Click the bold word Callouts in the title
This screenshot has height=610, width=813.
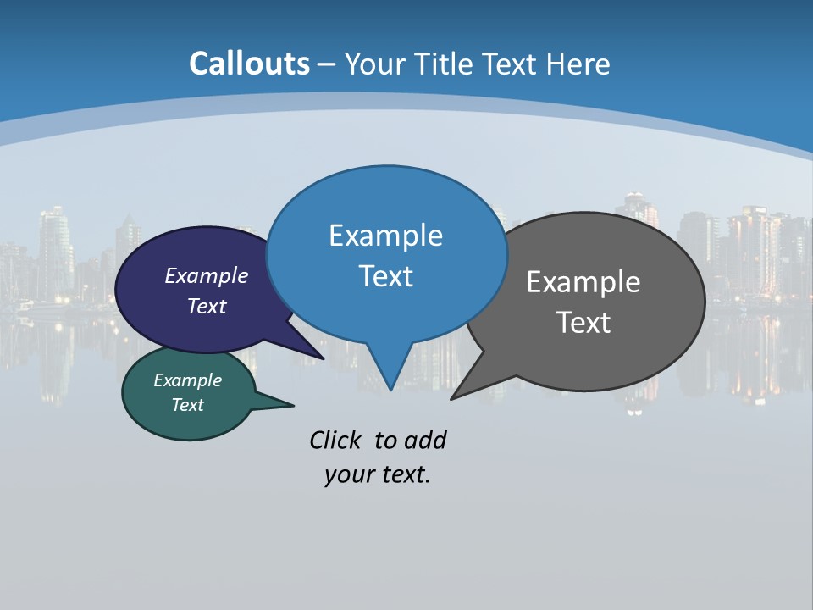249,64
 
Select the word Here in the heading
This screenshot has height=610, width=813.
578,64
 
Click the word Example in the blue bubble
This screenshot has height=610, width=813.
385,235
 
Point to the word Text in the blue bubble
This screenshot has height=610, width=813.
385,275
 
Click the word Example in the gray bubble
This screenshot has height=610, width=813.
583,282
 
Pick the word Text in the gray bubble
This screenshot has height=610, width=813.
583,322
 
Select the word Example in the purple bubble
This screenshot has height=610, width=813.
207,275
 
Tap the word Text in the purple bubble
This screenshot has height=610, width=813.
207,306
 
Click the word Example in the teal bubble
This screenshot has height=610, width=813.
187,380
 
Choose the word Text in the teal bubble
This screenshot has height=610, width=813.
187,405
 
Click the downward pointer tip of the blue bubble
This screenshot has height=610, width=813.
390,390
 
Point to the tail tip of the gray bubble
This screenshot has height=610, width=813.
451,399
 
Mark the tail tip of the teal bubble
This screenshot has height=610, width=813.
293,405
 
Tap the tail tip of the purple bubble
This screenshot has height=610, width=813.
324,359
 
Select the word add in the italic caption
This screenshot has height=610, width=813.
425,440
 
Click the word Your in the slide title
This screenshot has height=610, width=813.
372,64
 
